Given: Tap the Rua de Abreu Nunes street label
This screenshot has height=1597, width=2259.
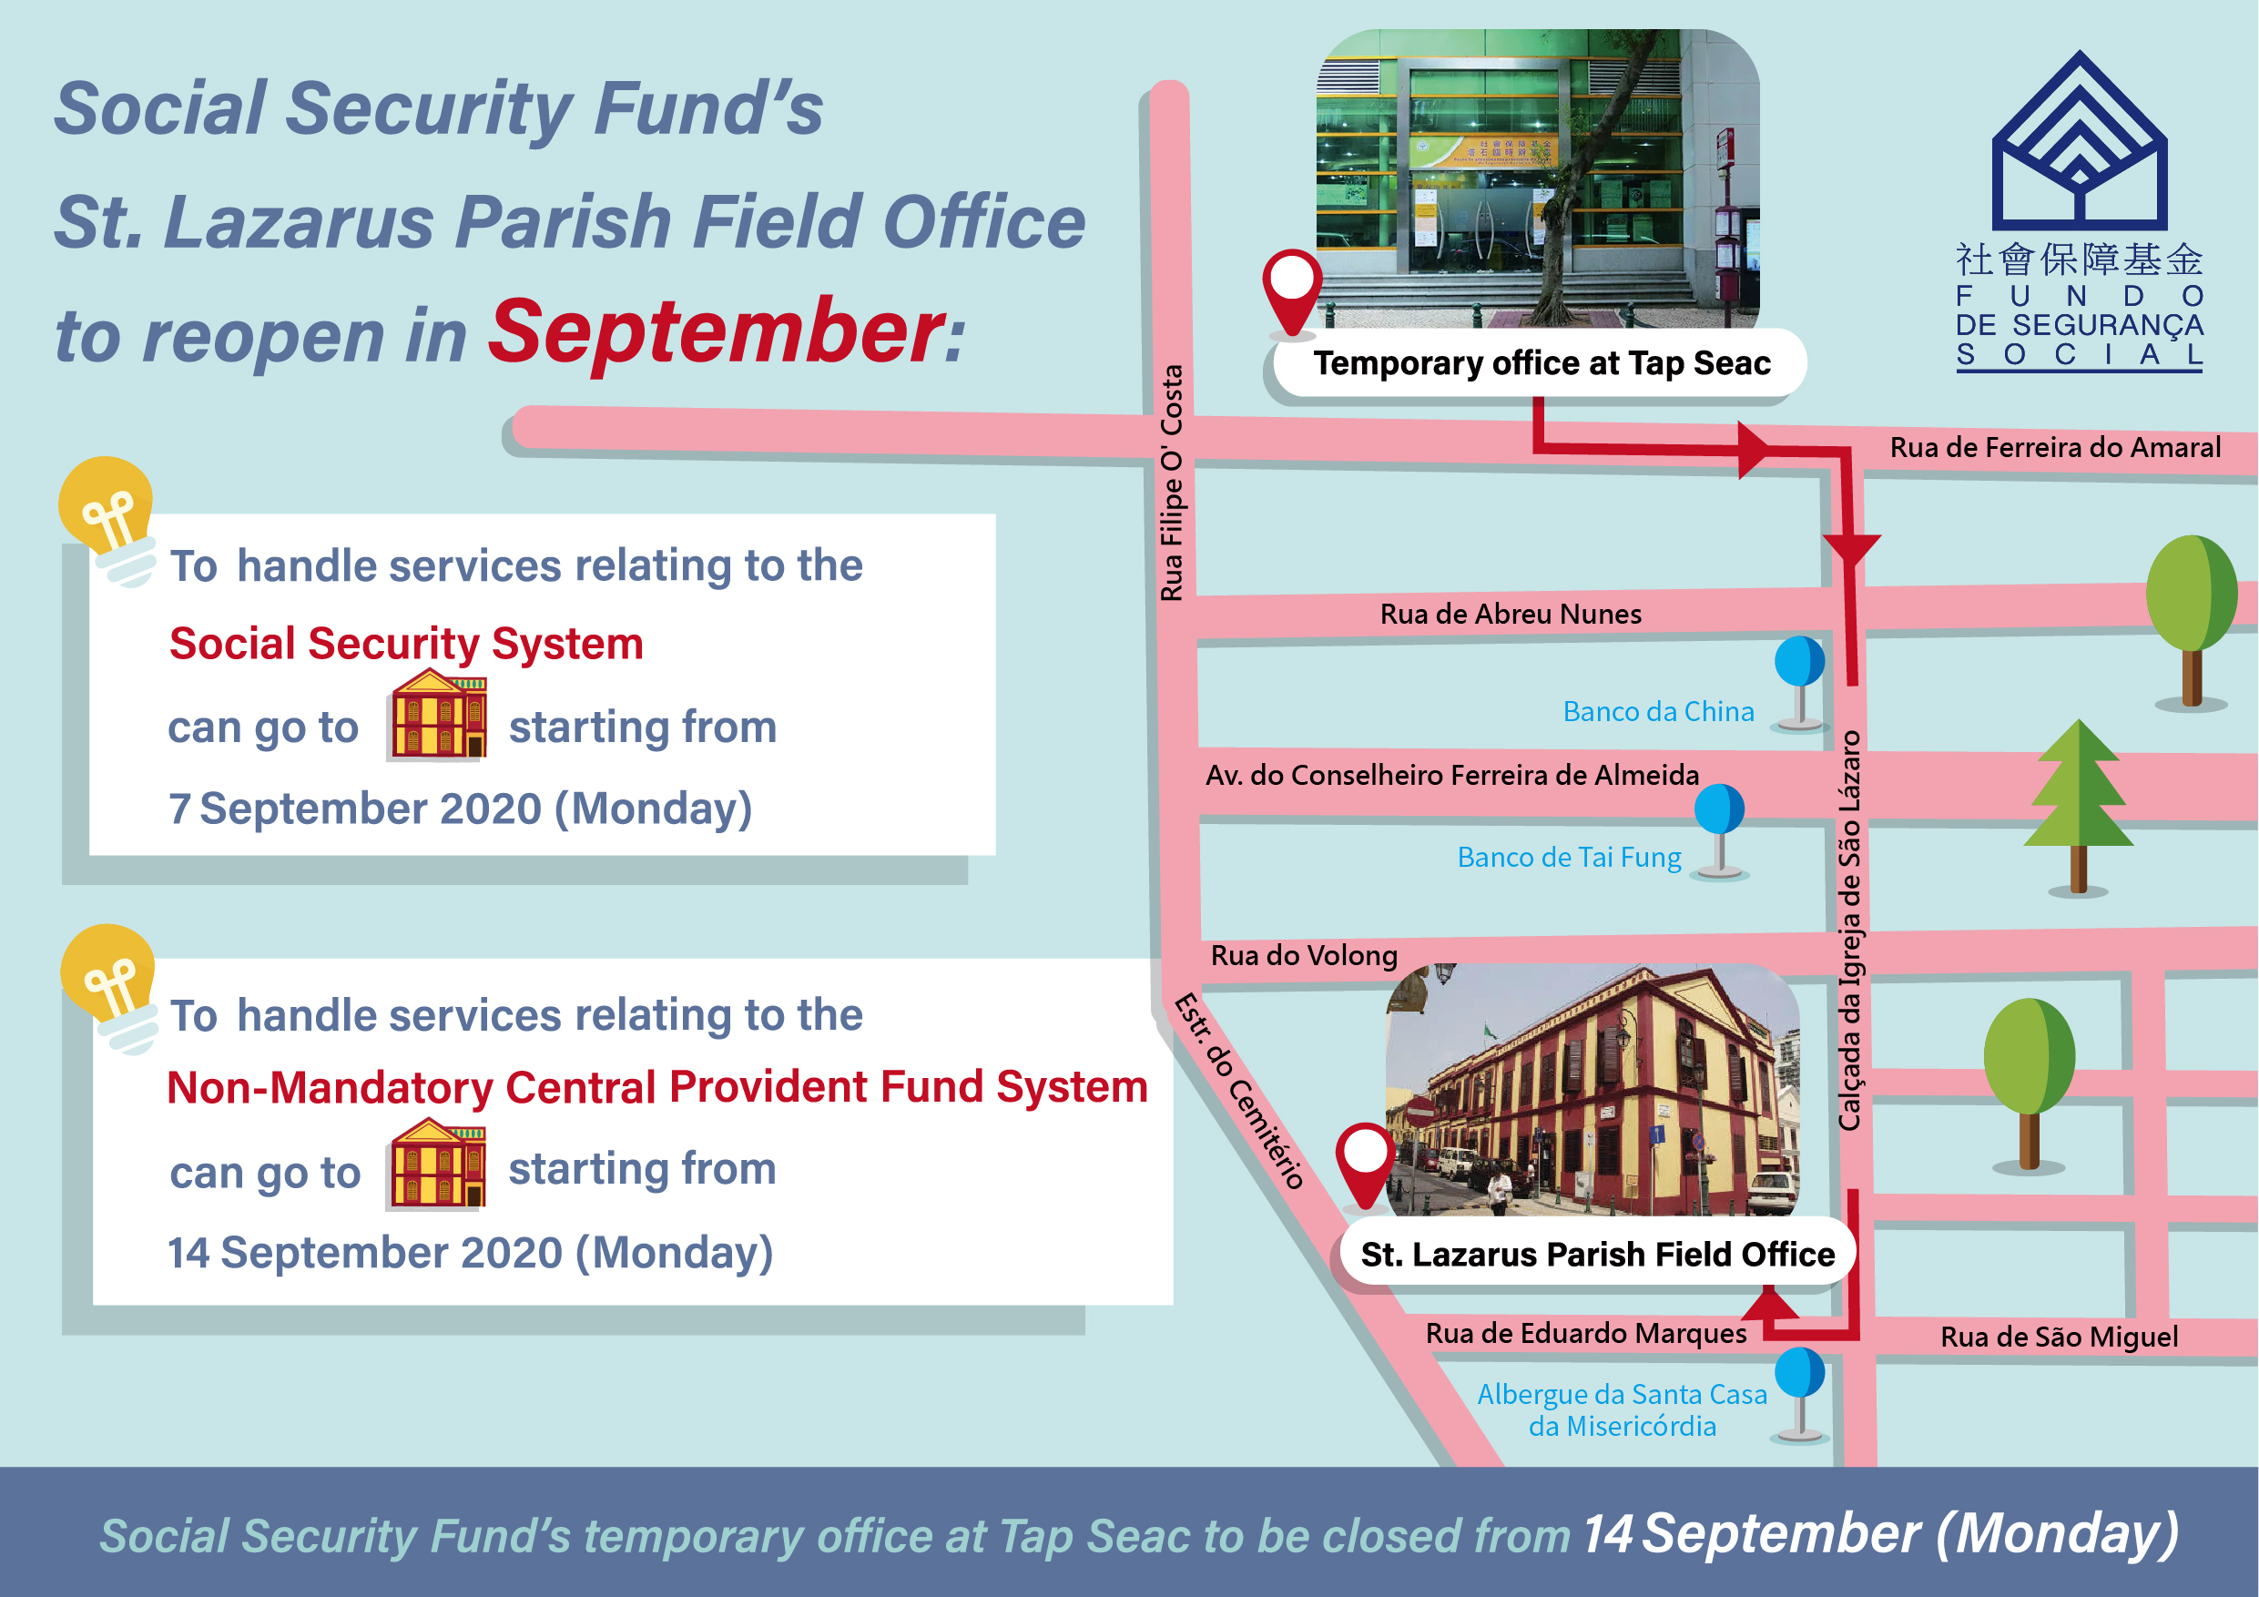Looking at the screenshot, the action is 1511,614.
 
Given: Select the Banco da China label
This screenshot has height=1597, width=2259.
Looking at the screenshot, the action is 1658,711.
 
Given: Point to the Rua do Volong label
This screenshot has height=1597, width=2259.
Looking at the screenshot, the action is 1304,955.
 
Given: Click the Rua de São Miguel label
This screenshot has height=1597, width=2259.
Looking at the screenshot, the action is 2060,1337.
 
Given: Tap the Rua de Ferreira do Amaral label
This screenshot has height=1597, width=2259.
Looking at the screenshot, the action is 2055,448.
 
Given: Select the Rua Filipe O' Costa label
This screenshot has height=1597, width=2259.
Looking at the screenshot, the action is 1171,483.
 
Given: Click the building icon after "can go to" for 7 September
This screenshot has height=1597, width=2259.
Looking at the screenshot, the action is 439,715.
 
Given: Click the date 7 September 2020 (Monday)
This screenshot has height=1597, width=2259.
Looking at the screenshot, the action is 461,809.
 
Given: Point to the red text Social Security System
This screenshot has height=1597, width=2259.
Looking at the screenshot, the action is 406,644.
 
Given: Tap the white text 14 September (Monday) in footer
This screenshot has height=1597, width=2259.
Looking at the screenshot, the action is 1880,1534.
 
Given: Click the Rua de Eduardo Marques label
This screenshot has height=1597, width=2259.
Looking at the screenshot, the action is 1586,1333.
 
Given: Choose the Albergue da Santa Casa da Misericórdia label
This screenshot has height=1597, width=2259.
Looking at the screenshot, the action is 1623,1410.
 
